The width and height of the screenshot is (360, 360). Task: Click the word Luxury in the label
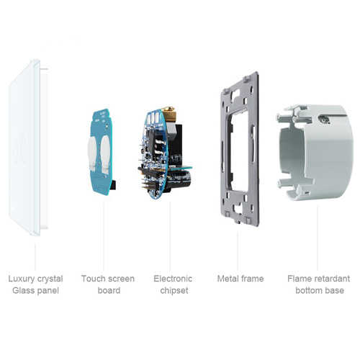point(22,279)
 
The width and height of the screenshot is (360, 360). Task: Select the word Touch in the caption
point(94,279)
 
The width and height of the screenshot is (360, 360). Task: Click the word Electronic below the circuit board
point(173,279)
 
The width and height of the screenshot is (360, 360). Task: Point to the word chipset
point(174,291)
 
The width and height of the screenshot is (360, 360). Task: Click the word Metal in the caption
point(227,279)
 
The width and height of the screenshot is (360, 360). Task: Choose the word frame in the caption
point(251,279)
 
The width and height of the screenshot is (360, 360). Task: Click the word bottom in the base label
point(308,291)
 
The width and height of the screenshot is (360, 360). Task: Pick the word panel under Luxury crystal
point(47,291)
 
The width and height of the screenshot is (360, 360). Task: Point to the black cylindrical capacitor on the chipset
point(180,179)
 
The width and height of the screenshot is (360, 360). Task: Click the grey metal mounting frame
point(240,149)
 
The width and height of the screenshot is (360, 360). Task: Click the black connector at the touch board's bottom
point(114,185)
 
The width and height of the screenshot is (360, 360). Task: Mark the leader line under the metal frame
point(238,251)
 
